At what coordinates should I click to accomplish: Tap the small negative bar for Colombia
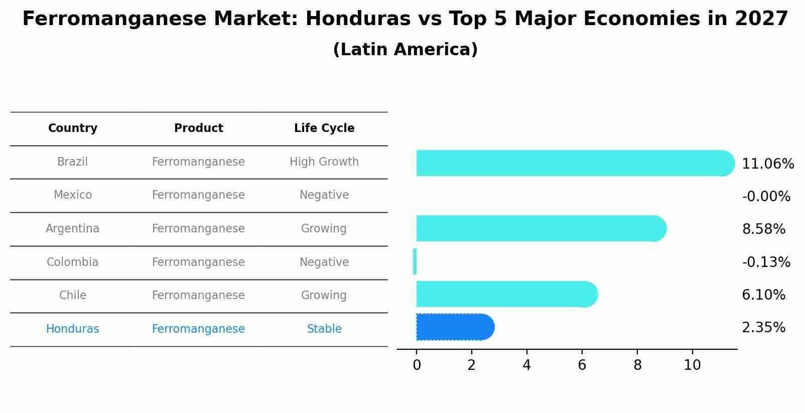click(415, 261)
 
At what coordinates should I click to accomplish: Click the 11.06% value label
click(767, 164)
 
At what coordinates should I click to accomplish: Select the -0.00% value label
click(766, 197)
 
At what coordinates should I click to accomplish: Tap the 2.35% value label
click(763, 328)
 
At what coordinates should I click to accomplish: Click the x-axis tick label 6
click(582, 365)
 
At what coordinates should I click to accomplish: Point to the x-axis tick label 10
click(692, 365)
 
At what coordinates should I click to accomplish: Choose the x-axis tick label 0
click(417, 365)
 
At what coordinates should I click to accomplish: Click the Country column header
click(73, 128)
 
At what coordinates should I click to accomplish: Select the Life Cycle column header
click(324, 128)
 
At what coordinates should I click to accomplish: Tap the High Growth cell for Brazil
click(324, 162)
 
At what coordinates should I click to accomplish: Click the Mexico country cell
click(73, 195)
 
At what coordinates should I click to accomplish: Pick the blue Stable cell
click(324, 329)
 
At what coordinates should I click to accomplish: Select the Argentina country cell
click(73, 229)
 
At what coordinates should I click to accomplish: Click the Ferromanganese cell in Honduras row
click(198, 329)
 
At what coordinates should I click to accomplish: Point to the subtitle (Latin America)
click(405, 50)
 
